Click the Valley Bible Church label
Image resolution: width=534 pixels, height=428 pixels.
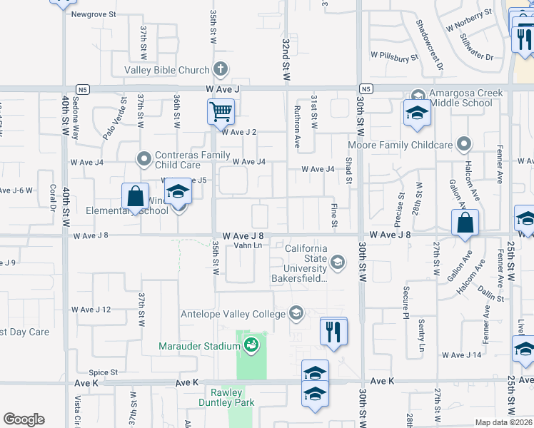point(167,70)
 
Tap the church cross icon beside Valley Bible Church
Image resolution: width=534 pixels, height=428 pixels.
point(221,70)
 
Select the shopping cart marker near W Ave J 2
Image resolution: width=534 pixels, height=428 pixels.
point(221,112)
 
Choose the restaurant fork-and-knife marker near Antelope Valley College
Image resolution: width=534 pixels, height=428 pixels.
point(333,332)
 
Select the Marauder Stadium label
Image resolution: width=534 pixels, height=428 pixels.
point(199,347)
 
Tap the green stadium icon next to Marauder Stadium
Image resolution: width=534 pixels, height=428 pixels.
point(251,346)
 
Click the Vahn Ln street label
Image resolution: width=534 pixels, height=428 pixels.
point(248,245)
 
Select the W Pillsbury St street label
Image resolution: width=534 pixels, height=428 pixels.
point(394,55)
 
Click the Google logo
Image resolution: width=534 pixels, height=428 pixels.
point(24,419)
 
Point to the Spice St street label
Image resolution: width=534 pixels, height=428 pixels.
point(103,372)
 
